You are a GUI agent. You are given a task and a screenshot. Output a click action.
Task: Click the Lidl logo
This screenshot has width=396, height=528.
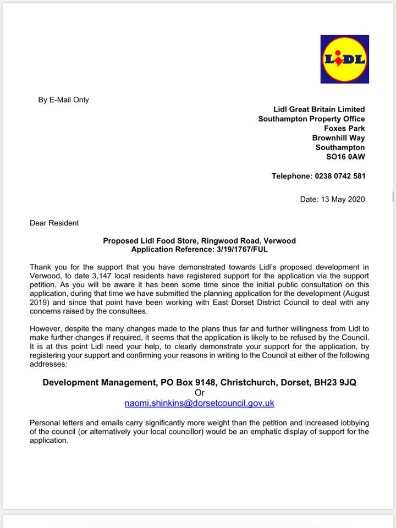pos(344,59)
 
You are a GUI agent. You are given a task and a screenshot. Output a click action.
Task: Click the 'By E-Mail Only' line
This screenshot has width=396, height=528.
pos(63,100)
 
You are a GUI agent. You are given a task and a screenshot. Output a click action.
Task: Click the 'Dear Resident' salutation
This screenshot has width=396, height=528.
pos(54,223)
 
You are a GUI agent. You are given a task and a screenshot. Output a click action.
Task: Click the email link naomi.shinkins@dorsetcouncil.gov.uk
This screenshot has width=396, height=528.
pos(199,403)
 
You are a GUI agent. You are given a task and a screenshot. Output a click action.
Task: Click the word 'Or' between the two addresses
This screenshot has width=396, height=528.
pos(199,393)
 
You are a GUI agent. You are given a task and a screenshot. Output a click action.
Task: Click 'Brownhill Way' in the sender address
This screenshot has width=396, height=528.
pos(338,137)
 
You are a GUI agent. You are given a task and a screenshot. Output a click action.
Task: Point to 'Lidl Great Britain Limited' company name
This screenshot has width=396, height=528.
pos(319,109)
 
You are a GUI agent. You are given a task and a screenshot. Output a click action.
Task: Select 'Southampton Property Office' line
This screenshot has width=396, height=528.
pos(311,119)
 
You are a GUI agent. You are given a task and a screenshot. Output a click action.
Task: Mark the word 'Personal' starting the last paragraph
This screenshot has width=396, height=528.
pos(46,422)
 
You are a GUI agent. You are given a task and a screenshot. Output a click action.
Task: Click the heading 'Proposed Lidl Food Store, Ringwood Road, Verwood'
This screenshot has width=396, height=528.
pos(199,241)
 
